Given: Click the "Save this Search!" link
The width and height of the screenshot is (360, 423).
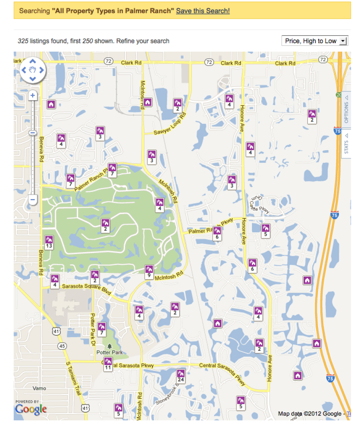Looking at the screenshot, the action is pyautogui.click(x=203, y=11).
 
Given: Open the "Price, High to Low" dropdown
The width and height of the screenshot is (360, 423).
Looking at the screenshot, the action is pyautogui.click(x=314, y=41).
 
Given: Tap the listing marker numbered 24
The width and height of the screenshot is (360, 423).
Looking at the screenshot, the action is pyautogui.click(x=181, y=376).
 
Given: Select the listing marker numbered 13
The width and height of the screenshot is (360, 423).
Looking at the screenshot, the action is pyautogui.click(x=49, y=242).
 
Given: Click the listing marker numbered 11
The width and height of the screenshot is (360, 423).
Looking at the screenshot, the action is pyautogui.click(x=108, y=363).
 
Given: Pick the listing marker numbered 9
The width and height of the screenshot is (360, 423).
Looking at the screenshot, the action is pyautogui.click(x=149, y=272).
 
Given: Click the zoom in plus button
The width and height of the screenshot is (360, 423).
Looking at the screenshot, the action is pyautogui.click(x=33, y=95).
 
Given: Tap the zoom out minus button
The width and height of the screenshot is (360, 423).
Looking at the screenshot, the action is pyautogui.click(x=33, y=199).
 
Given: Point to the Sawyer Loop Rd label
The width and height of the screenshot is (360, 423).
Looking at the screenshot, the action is pyautogui.click(x=170, y=124).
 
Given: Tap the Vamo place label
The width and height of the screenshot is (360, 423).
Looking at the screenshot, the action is pyautogui.click(x=39, y=388).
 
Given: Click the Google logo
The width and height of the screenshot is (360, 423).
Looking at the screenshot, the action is pyautogui.click(x=31, y=409).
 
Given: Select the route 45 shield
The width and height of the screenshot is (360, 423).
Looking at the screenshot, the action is pyautogui.click(x=62, y=346).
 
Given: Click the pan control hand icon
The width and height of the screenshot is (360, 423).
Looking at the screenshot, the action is pyautogui.click(x=33, y=70).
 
